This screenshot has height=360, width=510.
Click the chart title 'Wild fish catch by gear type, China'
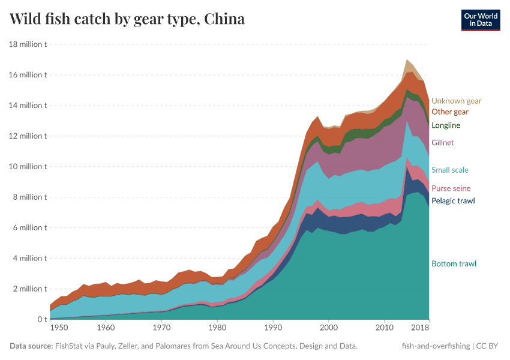click(127, 19)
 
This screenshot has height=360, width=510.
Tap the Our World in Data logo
click(480, 20)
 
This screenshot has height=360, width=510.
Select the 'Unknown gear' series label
click(456, 101)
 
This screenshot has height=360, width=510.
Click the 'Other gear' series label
click(450, 112)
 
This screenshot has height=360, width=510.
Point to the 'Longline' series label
click(446, 125)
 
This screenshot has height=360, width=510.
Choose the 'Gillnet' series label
click(443, 143)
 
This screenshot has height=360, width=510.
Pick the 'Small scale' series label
click(450, 170)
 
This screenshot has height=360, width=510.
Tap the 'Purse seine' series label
click(451, 188)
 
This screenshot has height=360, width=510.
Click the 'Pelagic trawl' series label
click(453, 200)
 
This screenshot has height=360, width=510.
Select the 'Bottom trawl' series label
click(454, 264)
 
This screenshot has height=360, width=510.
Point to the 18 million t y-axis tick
click(28, 44)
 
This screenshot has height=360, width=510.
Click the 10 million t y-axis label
click(28, 167)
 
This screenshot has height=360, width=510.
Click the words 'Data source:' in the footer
click(31, 346)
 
